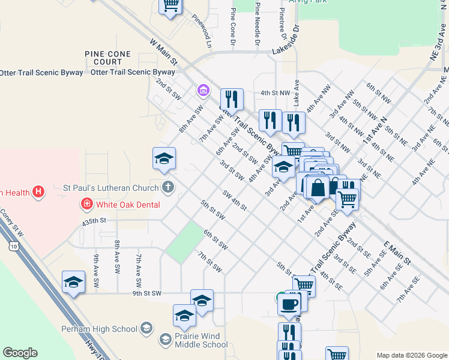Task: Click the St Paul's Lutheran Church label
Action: [x=111, y=187]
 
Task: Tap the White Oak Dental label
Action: [x=128, y=205]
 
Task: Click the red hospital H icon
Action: [x=38, y=192]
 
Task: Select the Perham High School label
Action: [x=99, y=329]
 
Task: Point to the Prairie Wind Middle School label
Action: [x=197, y=340]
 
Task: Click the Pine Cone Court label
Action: [x=108, y=58]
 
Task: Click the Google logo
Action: [x=20, y=353]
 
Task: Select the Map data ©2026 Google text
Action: [x=411, y=355]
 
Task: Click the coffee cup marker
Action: [x=289, y=304]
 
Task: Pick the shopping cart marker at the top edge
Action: [x=170, y=5]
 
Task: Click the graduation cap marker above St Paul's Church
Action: [x=164, y=159]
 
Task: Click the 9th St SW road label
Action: [x=147, y=293]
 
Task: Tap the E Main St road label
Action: [x=397, y=253]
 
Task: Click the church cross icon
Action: [x=167, y=187]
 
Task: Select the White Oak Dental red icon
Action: [x=87, y=205]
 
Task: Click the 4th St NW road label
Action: [x=276, y=93]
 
